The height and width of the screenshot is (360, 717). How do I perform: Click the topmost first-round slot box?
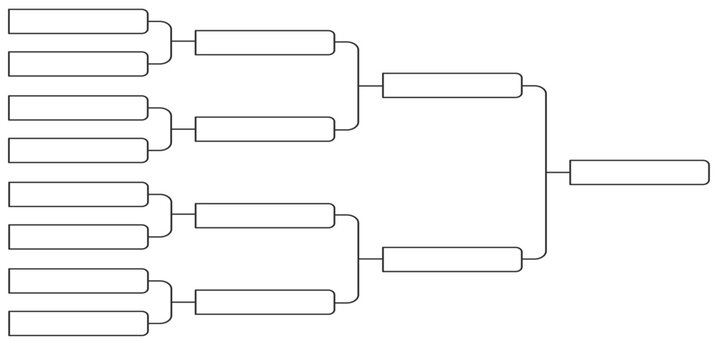[x=78, y=22]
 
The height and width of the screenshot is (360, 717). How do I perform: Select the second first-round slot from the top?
[x=78, y=64]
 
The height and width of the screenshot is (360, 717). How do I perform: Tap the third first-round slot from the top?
[x=78, y=108]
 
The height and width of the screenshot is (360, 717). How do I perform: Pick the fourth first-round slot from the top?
[x=78, y=150]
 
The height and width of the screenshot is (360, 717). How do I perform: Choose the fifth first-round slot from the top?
[x=78, y=194]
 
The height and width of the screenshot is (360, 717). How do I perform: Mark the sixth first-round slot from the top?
[x=78, y=237]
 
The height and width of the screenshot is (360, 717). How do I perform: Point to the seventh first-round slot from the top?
[x=78, y=281]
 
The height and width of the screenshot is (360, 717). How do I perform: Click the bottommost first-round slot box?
[x=78, y=323]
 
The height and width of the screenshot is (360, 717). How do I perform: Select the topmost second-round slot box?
[x=265, y=42]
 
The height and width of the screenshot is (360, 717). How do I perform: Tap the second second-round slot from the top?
[x=265, y=129]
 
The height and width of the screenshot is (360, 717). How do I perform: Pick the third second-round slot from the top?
[x=265, y=215]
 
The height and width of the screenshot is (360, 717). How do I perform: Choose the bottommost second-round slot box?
[x=265, y=302]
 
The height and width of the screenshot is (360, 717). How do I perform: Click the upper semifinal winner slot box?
[x=452, y=85]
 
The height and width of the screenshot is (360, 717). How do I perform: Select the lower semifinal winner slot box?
[x=452, y=259]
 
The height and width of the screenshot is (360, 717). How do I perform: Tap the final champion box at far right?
[x=639, y=172]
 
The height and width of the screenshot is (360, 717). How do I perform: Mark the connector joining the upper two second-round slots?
[x=359, y=86]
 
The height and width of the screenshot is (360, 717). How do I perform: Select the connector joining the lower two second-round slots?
[x=359, y=259]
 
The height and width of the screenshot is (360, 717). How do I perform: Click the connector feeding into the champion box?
[x=546, y=172]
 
